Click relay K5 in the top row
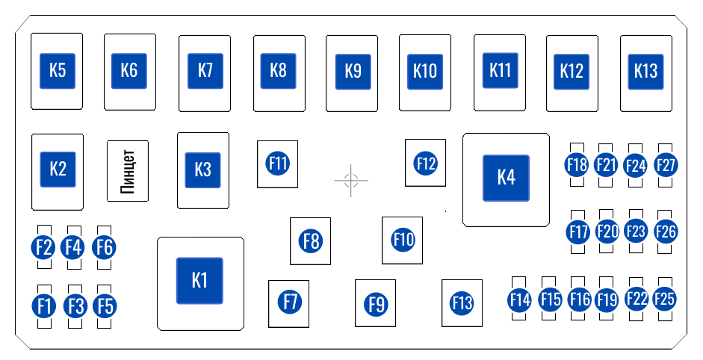coord(58,71)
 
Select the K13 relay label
coord(645,71)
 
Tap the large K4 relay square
coord(506,178)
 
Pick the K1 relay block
coord(199,281)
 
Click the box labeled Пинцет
coord(128,170)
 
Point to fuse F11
coord(278,163)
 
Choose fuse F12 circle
coord(426,163)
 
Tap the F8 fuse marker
coord(311,240)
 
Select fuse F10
coord(403,240)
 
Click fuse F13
coord(462,303)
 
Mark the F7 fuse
coord(289,302)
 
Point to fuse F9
coord(376,304)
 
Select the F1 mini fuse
coord(44,305)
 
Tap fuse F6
coord(105,246)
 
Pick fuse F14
coord(519,300)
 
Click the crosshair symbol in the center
coord(351,180)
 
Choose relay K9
coord(353,72)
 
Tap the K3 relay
coord(202,170)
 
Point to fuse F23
coord(635,232)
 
